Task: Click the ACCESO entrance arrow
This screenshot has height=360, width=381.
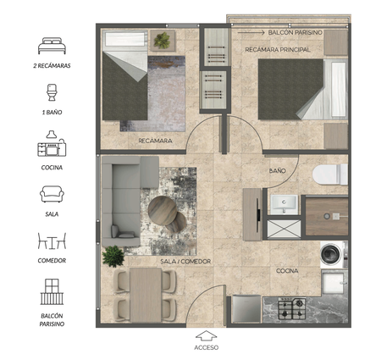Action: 206,335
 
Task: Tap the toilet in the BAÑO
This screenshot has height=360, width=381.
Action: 330,174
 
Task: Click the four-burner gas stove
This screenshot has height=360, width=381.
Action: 292,308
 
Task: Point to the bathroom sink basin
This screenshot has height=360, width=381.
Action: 284,204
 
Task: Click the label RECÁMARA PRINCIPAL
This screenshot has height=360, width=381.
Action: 278,50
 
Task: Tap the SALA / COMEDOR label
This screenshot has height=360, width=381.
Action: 185,262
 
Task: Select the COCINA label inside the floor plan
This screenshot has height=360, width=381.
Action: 287,271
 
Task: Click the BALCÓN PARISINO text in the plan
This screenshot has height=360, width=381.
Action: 295,32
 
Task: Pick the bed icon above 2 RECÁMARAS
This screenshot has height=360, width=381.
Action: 52,46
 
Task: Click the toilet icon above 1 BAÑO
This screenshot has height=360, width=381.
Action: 52,92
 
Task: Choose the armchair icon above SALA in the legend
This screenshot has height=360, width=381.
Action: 52,194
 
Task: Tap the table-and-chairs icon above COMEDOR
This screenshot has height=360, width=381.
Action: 52,241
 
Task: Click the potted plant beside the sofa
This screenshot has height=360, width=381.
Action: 113,256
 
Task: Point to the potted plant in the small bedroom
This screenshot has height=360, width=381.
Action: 162,40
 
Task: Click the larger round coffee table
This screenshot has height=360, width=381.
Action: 163,211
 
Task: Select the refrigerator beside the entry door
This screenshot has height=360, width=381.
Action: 247,308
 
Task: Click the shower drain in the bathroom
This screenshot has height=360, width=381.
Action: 327,216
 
